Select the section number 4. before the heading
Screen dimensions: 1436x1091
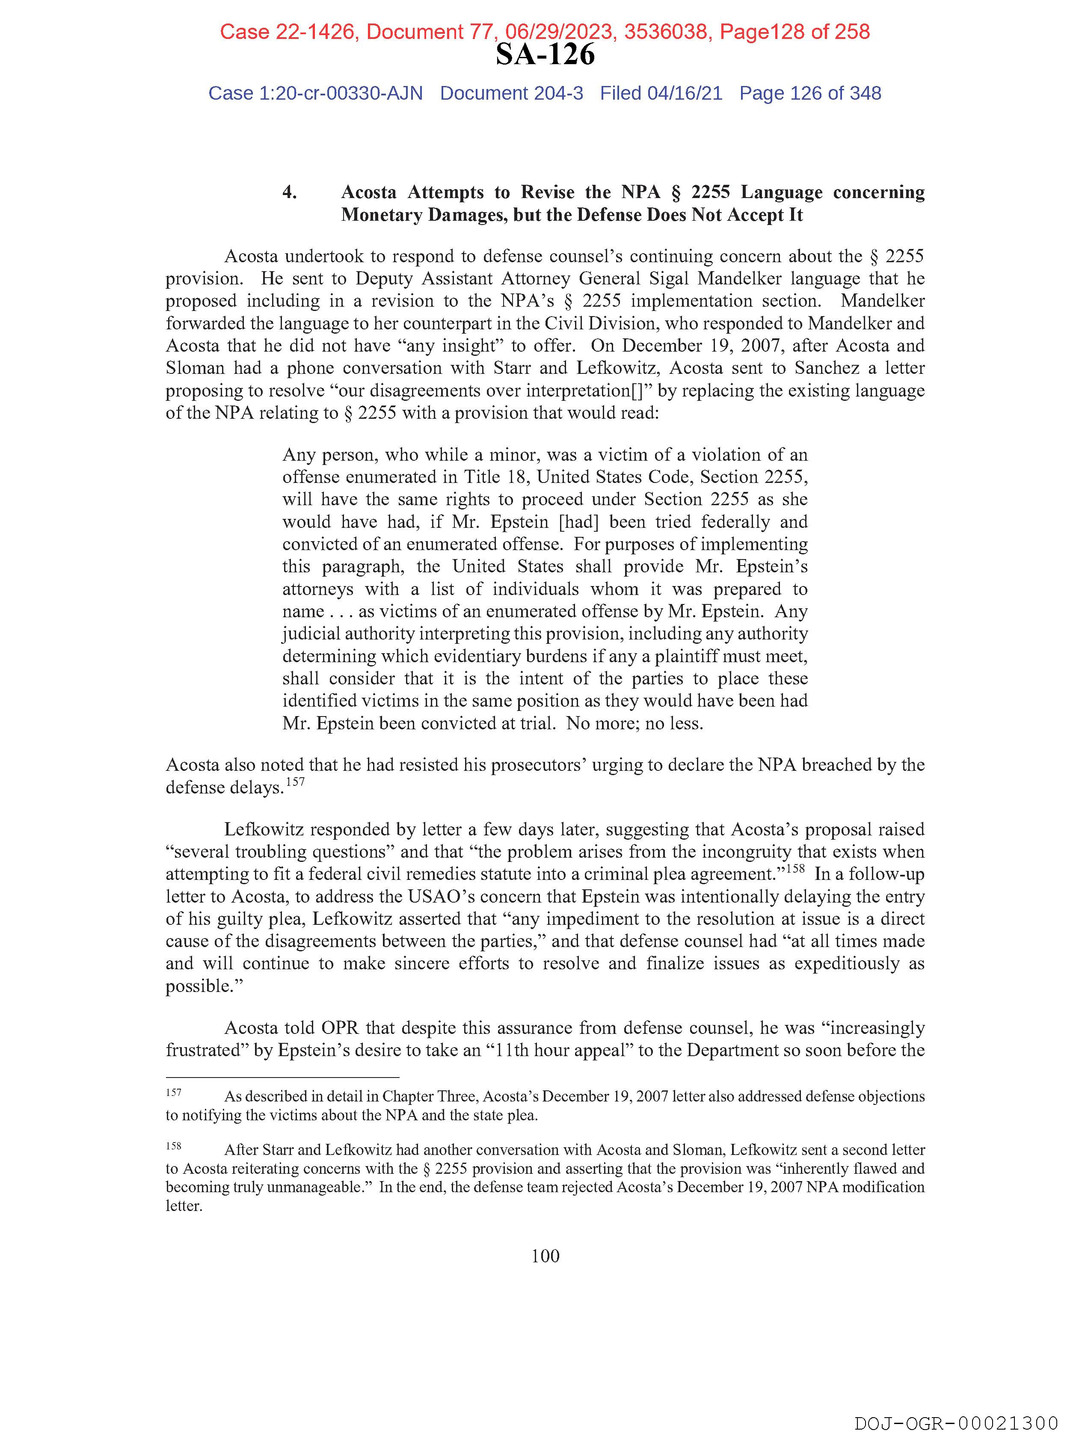(x=290, y=192)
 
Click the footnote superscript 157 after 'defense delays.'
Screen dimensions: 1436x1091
(x=296, y=782)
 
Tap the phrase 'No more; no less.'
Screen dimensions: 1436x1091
(x=634, y=723)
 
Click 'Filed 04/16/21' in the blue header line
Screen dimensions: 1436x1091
(x=661, y=94)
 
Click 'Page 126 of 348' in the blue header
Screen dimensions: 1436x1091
(x=810, y=94)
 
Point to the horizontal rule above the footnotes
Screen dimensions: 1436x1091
(x=282, y=1077)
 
